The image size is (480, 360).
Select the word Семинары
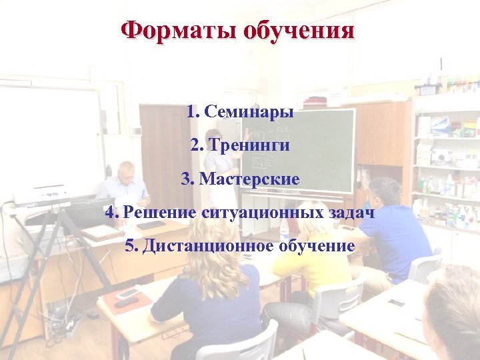pos(249,111)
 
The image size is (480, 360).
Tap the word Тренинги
pos(249,145)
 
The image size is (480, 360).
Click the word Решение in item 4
pos(158,213)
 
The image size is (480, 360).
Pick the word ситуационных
pos(262,213)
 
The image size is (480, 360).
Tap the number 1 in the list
pos(192,111)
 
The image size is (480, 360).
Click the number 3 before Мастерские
pos(186,179)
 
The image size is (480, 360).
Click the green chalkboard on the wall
pos(320,150)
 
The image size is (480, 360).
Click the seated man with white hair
pos(125,183)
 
